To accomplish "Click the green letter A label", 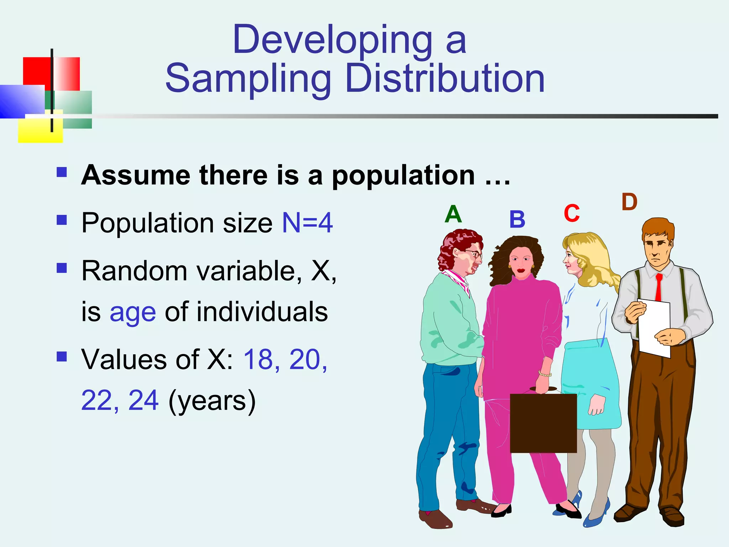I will point(453,214).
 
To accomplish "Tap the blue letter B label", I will point(517,219).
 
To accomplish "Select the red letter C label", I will point(572,213).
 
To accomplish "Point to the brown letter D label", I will point(629,202).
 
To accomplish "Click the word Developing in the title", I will point(332,40).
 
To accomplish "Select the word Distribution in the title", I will point(445,79).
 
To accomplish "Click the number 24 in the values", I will point(143,400).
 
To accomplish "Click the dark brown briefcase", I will point(543,423).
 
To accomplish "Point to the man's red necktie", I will point(659,287).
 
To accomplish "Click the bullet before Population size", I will point(62,220).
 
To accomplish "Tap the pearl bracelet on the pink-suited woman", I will point(545,374).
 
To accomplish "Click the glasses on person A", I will point(474,253).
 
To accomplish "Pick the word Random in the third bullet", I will point(134,271).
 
